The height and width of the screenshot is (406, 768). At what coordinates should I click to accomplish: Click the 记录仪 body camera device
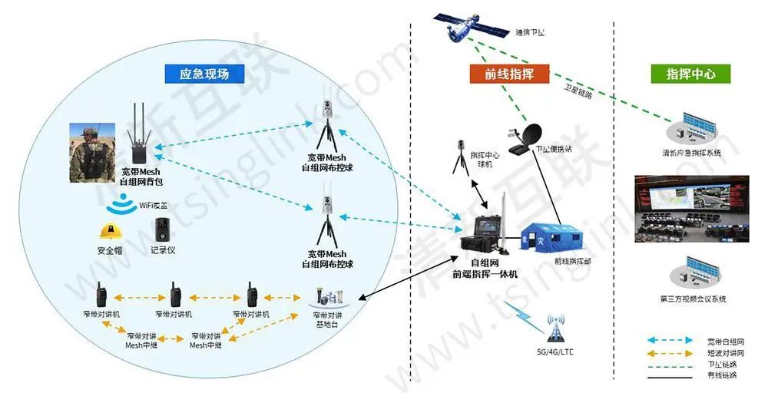click(x=162, y=229)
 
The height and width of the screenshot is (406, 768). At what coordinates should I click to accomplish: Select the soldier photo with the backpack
click(x=91, y=152)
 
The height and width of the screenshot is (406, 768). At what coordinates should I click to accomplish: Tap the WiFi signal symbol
click(x=122, y=206)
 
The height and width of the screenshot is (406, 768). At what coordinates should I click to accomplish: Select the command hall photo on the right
click(x=690, y=209)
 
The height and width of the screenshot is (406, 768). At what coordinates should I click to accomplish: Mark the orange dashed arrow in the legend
click(x=672, y=352)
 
